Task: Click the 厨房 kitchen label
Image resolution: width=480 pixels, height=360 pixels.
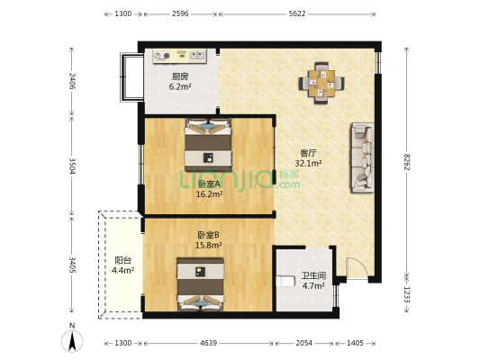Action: [x=180, y=76]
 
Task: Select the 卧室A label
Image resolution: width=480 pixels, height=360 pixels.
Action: [x=209, y=183]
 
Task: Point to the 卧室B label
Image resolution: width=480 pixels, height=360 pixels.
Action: [x=209, y=235]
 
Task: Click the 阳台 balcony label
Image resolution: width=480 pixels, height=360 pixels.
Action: [x=122, y=257]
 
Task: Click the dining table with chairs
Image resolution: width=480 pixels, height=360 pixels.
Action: [x=322, y=80]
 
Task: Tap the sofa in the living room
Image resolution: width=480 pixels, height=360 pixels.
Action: [x=362, y=157]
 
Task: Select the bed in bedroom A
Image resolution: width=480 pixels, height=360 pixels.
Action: [x=209, y=147]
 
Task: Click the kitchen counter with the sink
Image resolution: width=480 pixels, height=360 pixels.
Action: [x=182, y=55]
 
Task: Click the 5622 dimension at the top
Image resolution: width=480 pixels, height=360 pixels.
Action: [x=296, y=14]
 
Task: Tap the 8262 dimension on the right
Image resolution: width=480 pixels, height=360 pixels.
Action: [x=407, y=162]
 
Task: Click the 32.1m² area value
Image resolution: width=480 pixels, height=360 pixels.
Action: [x=308, y=164]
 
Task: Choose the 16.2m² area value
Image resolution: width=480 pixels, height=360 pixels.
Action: [x=209, y=193]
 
